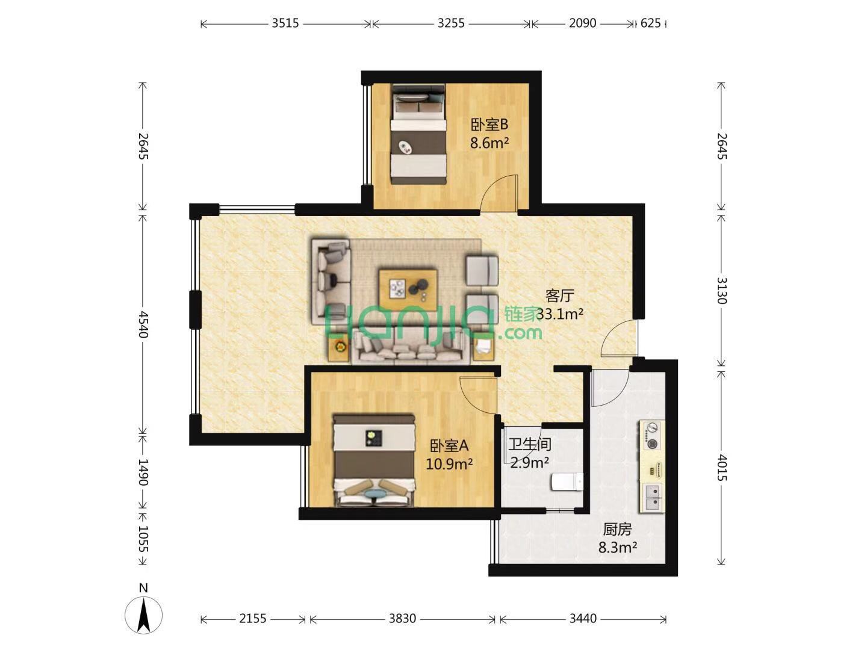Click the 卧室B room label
[x=489, y=125]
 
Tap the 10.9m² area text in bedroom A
[x=449, y=464]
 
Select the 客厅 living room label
[x=559, y=296]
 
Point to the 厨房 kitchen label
[x=617, y=529]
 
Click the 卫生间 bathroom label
[x=530, y=444]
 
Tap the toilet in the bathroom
[x=567, y=482]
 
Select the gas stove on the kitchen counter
[x=651, y=436]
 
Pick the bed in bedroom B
[x=418, y=134]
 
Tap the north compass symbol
[x=143, y=614]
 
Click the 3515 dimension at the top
[x=285, y=23]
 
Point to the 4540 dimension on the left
[x=143, y=324]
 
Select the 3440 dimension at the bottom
[x=583, y=619]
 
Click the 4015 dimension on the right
[x=721, y=468]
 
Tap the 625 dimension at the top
[x=650, y=23]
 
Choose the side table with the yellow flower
[x=339, y=348]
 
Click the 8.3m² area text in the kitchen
[x=618, y=548]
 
